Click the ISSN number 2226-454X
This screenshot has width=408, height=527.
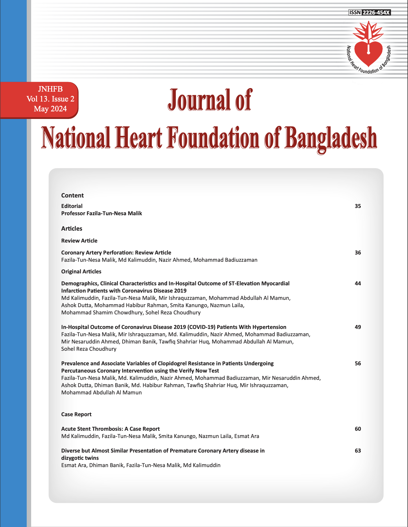tap(376, 13)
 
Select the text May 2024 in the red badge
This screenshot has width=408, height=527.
tap(50, 109)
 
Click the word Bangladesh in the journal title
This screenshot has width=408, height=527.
tap(331, 138)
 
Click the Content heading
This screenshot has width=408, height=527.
tap(72, 195)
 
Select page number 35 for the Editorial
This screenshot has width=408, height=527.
tap(358, 206)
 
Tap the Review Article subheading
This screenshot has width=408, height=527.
tap(79, 241)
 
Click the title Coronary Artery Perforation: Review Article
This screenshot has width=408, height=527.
tap(116, 253)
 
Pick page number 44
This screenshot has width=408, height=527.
tap(358, 284)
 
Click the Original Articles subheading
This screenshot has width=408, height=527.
tap(81, 272)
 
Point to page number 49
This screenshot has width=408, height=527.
tap(358, 327)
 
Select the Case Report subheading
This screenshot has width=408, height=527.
tap(76, 414)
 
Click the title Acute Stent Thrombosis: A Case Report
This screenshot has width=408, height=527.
tap(110, 429)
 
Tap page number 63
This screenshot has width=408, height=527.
tap(358, 451)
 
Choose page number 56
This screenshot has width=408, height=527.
tap(358, 364)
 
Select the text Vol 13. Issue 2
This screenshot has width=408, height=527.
tap(50, 99)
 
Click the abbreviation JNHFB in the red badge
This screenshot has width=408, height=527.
tap(50, 89)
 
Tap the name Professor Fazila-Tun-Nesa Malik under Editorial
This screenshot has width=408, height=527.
tap(102, 213)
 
